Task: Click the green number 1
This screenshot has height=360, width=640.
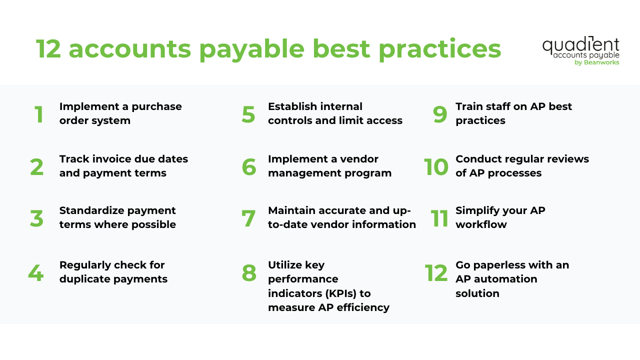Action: coord(39,114)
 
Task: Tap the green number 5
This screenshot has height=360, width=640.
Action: coord(248,114)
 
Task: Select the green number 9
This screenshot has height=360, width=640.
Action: coord(440,114)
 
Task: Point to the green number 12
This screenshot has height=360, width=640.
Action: coord(436,273)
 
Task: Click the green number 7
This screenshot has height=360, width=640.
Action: coord(248,218)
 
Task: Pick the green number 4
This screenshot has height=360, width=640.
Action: coord(35,273)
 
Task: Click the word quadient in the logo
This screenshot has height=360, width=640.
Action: coord(580,45)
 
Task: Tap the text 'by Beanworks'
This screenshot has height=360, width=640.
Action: coord(597,62)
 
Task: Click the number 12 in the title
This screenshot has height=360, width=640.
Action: coord(48,49)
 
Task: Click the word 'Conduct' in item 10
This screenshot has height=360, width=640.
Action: coord(477,158)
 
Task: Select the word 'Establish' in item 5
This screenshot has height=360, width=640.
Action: coord(292,106)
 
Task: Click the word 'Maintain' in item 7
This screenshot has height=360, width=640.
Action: coord(290,210)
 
